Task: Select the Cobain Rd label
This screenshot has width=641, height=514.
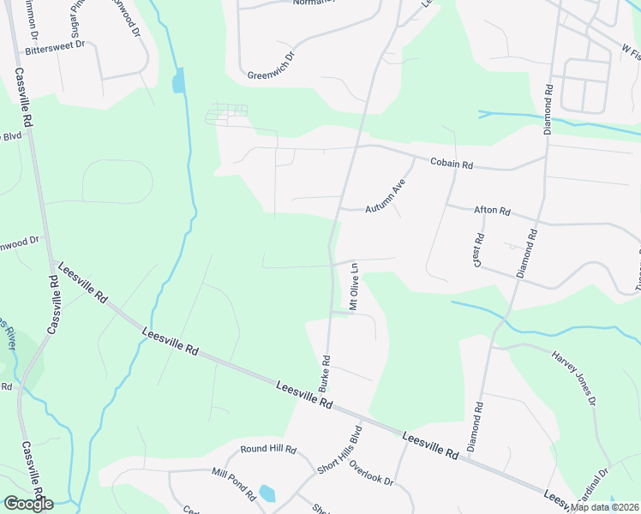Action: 452,162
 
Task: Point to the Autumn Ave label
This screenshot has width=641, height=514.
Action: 384,198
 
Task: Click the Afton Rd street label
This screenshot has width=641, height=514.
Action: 492,211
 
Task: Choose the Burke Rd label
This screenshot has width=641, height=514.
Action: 326,373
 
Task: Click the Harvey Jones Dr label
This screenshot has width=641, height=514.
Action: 573,377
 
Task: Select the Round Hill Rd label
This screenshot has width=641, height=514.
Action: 268,449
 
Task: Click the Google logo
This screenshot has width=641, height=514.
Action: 28,503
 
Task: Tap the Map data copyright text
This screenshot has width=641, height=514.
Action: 604,507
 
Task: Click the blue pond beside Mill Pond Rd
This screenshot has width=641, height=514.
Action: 267,493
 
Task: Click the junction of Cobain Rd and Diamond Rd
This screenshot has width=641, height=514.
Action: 546,157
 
